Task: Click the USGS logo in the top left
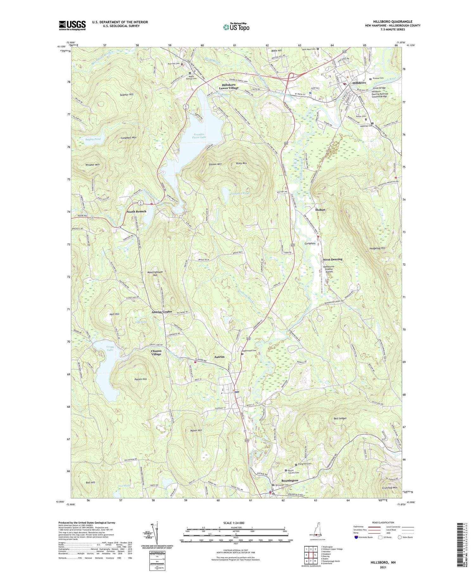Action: [72, 25]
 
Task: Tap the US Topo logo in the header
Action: [236, 27]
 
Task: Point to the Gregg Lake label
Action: [110, 348]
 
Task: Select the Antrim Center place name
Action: [161, 312]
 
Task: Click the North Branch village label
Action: [136, 211]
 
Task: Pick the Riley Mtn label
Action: [242, 163]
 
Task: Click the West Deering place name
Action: [332, 259]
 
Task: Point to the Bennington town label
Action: [290, 480]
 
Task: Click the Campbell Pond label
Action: [240, 193]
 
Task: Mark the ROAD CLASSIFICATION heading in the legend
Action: [383, 522]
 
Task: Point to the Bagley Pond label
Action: [93, 139]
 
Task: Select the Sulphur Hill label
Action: [127, 94]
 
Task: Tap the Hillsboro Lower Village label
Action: [229, 86]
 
